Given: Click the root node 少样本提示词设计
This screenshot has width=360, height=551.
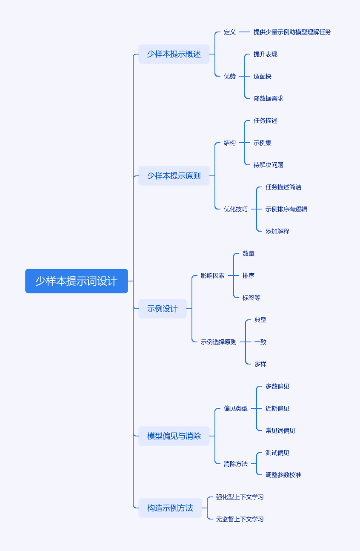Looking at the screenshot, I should [x=77, y=281].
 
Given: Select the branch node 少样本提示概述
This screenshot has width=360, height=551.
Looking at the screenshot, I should [x=174, y=54].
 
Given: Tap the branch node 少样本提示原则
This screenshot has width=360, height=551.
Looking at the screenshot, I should [x=174, y=176].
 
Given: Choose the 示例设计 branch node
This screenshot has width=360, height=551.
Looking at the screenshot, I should [x=162, y=309].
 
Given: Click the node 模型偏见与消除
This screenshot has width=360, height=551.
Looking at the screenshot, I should [x=174, y=436].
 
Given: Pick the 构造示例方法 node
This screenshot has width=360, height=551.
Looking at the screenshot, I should [x=170, y=508].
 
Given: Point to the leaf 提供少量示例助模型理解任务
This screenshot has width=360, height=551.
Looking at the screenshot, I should [x=292, y=32].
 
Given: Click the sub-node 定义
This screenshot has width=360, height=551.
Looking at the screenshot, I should [x=229, y=32].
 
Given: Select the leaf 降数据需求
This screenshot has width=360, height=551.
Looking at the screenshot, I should [x=268, y=98].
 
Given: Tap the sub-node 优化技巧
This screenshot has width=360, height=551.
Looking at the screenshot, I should [x=235, y=209].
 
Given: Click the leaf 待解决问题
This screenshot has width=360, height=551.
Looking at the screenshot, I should [x=268, y=165].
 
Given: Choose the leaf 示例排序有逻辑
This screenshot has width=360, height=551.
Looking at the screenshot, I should [x=286, y=209].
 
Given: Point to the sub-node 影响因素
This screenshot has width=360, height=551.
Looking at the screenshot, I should [x=212, y=275].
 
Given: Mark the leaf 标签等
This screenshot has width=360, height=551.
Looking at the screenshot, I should [x=251, y=298].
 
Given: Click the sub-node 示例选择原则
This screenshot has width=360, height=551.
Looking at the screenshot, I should [x=218, y=342].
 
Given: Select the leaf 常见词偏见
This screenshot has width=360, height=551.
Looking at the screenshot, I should [x=280, y=430].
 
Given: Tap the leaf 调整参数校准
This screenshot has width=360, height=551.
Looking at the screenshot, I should [x=283, y=475].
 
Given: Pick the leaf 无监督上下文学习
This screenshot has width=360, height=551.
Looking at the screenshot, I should [x=240, y=519].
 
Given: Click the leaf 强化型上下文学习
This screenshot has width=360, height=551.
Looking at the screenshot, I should [x=240, y=497].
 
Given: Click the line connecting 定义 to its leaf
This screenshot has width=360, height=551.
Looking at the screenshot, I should [x=245, y=32].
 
